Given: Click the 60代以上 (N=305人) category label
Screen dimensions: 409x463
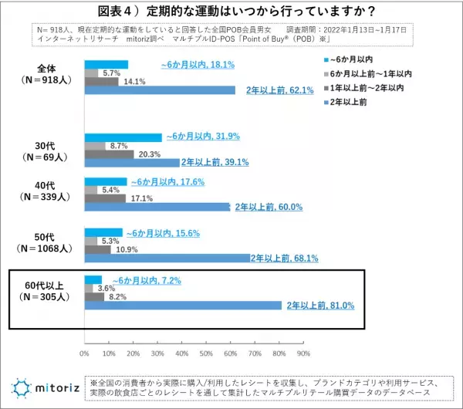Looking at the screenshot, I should click(x=46, y=291).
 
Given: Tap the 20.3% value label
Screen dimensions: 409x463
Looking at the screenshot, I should click(x=150, y=154).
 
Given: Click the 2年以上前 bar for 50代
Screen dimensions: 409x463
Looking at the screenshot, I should click(x=166, y=258).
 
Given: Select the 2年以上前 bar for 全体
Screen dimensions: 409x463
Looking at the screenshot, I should click(x=159, y=90).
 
